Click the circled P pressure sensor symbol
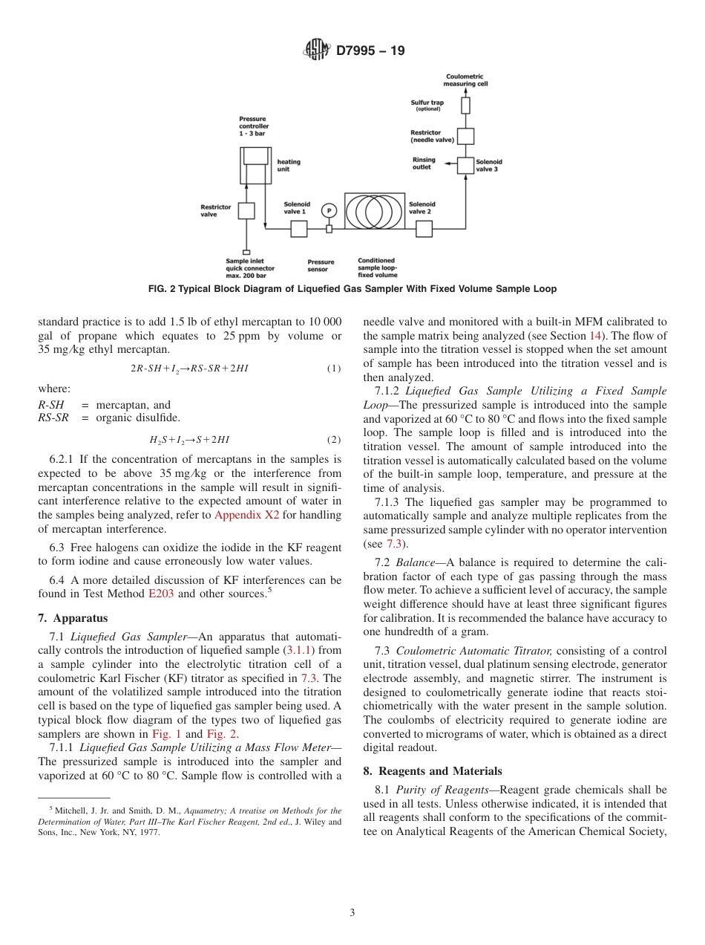329,210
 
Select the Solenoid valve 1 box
298,229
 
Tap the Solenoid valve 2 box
424,229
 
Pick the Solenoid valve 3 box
465,166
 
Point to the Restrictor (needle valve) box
465,136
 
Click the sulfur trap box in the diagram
465,105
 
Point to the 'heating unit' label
289,165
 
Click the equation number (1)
334,368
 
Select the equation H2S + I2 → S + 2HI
190,439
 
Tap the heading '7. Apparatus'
73,617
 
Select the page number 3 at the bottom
352,912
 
